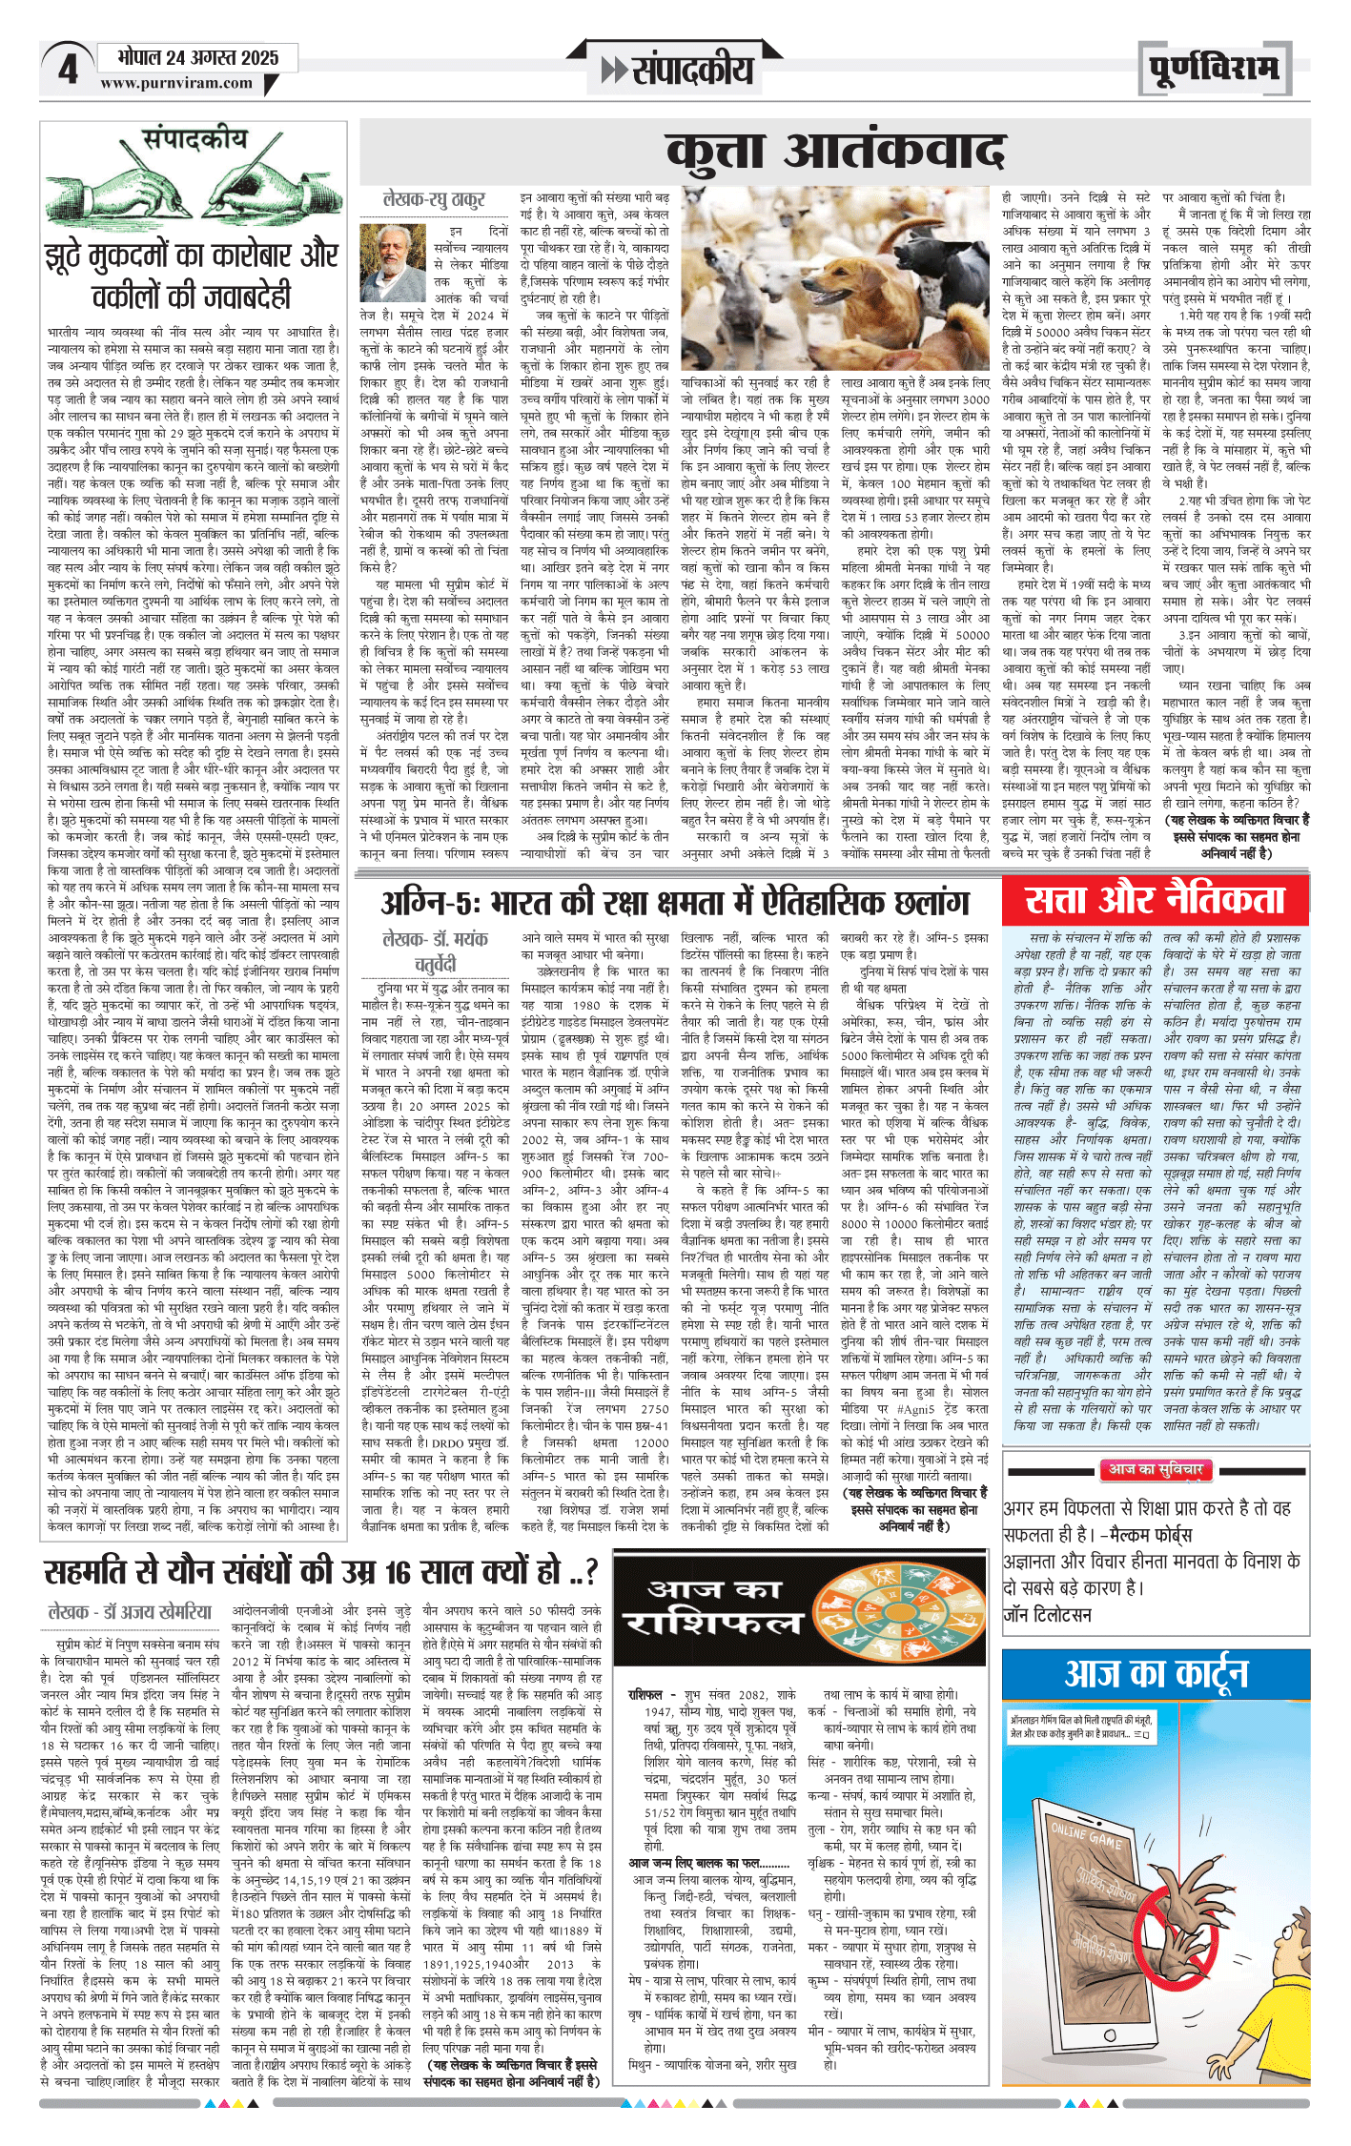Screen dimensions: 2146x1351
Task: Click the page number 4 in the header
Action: (x=68, y=70)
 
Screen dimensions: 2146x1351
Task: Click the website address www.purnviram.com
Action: (x=176, y=83)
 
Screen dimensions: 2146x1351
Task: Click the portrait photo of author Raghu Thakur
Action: (x=393, y=262)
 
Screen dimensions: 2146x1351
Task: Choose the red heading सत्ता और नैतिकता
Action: (x=1155, y=900)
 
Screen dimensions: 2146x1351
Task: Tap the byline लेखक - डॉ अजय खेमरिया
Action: (x=130, y=1612)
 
